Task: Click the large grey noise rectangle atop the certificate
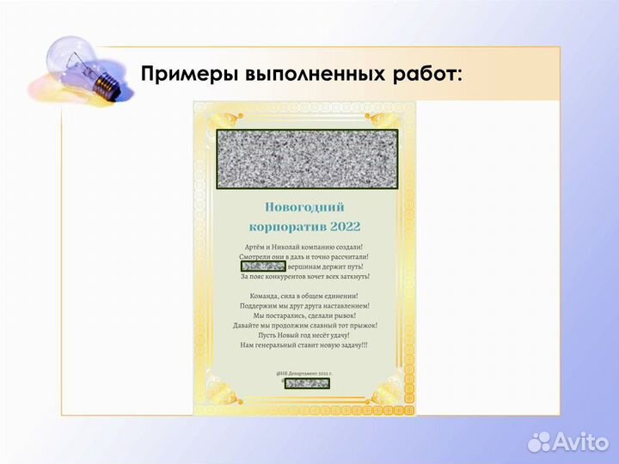tap(306, 159)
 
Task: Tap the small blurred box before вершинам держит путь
tap(263, 266)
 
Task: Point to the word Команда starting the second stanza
tap(255, 296)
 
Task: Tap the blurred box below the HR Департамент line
tap(306, 382)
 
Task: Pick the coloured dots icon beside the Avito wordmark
tap(539, 442)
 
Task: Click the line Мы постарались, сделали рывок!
tap(304, 315)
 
